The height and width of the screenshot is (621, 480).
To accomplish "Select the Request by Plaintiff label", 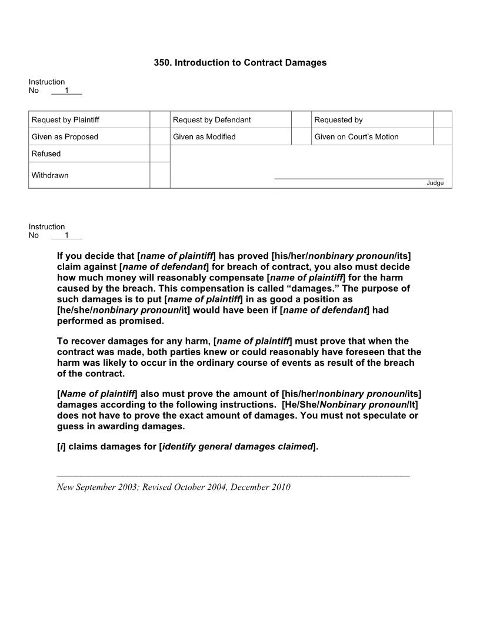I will (65, 120).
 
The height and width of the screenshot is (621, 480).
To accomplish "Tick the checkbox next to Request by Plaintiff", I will (159, 120).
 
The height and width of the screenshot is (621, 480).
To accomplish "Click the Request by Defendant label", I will (212, 120).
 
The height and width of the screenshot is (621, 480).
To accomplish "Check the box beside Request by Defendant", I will (301, 120).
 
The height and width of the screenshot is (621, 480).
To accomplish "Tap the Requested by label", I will (338, 120).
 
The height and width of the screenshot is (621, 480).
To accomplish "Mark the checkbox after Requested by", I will (442, 120).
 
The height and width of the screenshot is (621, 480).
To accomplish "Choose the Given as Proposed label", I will (65, 137).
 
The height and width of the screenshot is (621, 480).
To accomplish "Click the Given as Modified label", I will (204, 137).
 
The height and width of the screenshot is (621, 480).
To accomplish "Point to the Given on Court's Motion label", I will (356, 137).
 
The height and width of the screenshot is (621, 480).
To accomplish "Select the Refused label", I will (46, 154).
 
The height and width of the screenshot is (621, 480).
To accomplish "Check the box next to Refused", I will (159, 154).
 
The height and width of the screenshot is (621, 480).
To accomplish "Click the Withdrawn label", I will (50, 175).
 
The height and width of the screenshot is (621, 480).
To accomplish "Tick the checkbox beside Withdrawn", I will (159, 175).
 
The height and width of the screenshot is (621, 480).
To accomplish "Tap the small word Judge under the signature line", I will (435, 183).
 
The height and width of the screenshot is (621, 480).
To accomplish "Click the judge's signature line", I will (359, 178).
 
